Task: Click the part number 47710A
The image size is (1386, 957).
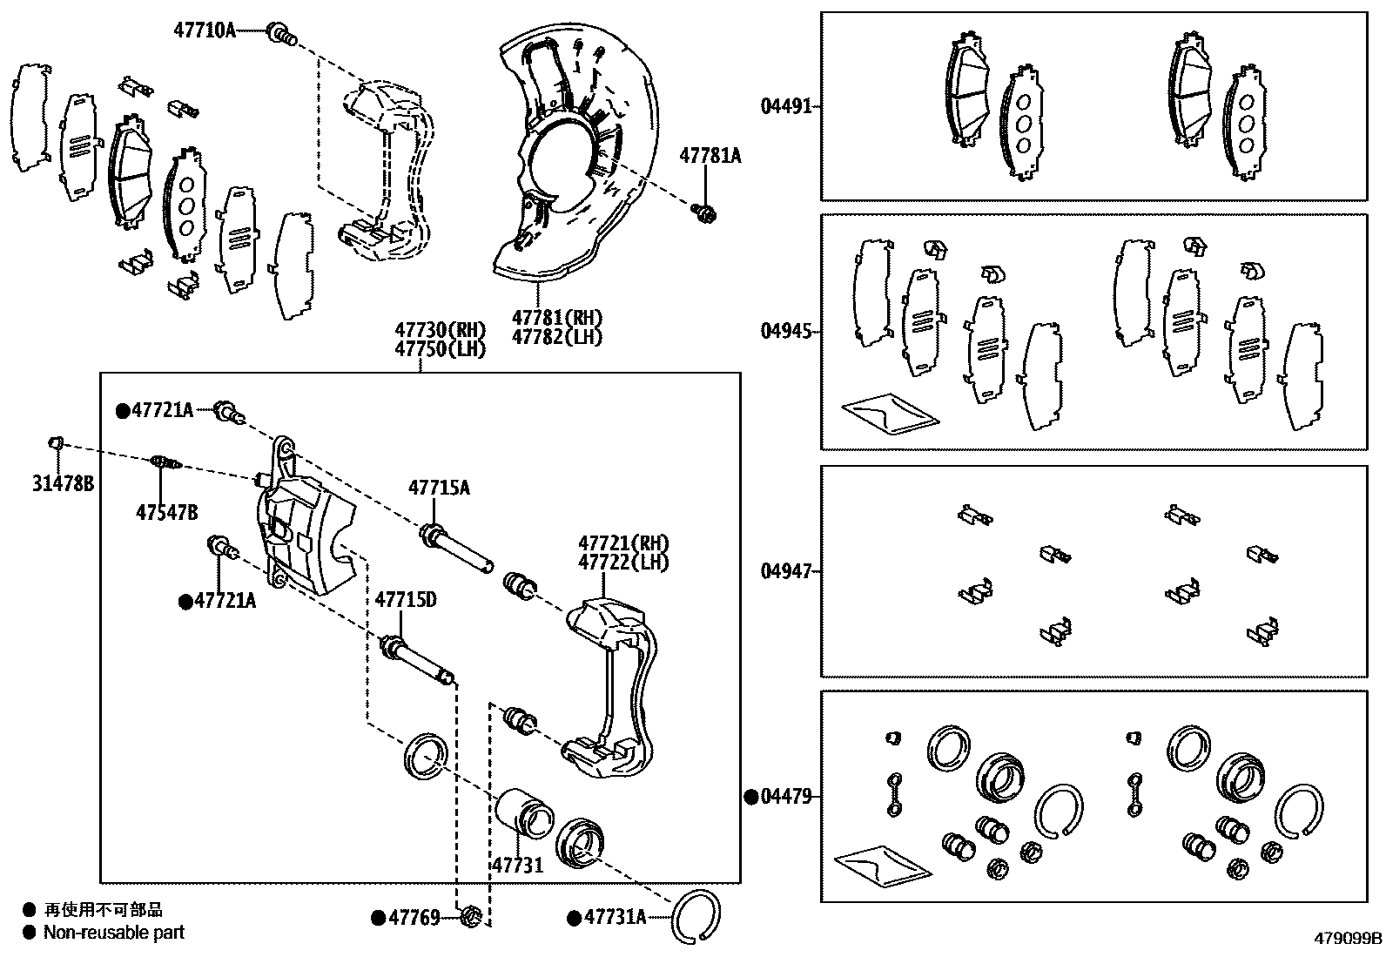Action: coord(205,30)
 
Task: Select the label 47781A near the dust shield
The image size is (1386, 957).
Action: coord(710,156)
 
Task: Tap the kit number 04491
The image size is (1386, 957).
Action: coord(786,106)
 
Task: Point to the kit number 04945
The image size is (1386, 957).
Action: coord(786,331)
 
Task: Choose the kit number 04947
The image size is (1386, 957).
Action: coord(786,571)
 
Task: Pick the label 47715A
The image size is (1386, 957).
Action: coord(440,488)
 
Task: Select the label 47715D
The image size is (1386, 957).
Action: coord(406,599)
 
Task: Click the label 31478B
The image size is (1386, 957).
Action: coord(63,484)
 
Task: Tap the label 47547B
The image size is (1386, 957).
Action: coord(166,512)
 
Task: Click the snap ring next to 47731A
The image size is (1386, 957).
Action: coord(696,918)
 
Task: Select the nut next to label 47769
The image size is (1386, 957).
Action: coord(471,916)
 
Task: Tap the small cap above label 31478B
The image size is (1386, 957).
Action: coord(55,443)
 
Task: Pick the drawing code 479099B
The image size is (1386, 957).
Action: coord(1348,939)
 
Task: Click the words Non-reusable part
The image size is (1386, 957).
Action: coord(114,933)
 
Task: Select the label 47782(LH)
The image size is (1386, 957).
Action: coord(556,336)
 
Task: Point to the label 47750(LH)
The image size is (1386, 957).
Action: coord(440,348)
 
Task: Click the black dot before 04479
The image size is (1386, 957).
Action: coord(750,796)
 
